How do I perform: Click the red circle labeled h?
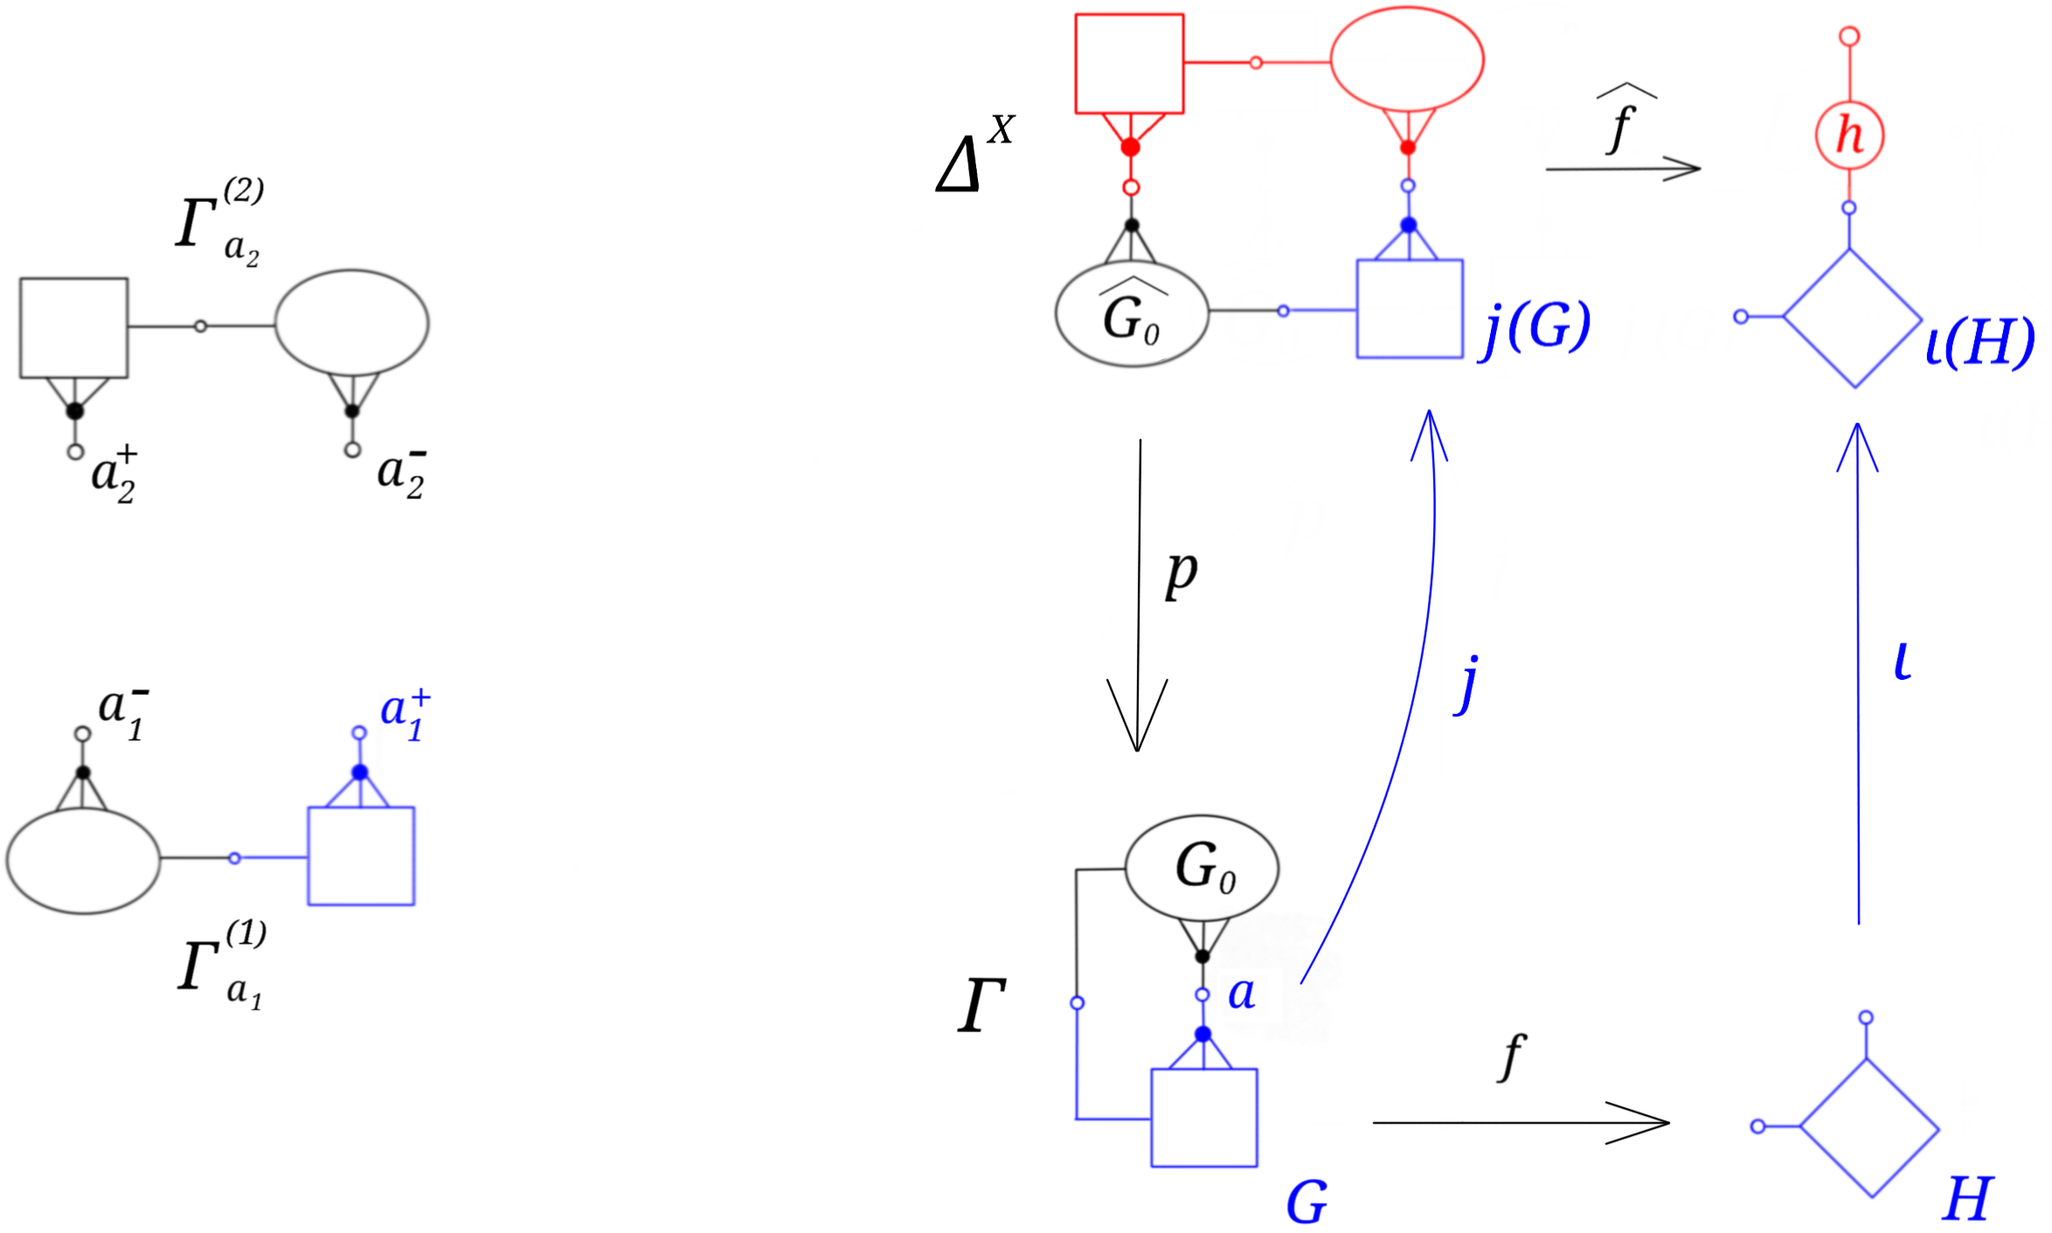tap(1848, 135)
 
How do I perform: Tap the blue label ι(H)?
tap(1979, 343)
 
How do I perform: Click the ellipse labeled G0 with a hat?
tap(1132, 315)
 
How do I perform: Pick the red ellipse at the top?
tap(1406, 59)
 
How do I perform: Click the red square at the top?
tap(1129, 64)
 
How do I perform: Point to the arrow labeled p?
tap(1138, 594)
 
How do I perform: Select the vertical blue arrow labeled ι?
tap(1857, 673)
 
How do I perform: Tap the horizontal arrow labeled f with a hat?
tap(1622, 168)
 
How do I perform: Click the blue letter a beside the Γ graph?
tap(1241, 994)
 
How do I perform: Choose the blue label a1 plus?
tap(406, 715)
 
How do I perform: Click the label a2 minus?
tap(401, 474)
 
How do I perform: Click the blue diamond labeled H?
tap(1869, 1127)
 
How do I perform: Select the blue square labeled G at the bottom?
tap(1203, 1118)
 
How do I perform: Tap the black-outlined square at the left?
tap(74, 328)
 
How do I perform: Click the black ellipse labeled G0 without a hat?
tap(1202, 867)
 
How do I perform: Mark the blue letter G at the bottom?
tap(1307, 1203)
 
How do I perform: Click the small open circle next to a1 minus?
tap(82, 734)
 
